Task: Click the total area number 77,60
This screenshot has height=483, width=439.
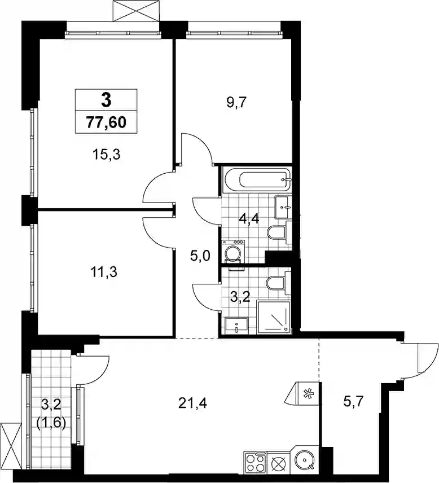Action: coord(106,122)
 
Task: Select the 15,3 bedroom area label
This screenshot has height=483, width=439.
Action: coord(106,155)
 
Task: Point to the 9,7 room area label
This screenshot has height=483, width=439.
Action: coord(237,102)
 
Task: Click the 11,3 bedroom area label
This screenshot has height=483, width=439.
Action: coord(104,273)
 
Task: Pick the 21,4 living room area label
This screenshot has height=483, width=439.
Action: coord(192,403)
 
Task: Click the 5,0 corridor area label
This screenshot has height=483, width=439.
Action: coord(200,256)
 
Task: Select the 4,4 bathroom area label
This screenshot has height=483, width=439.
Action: coord(249,219)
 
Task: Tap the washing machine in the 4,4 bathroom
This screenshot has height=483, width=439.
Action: coord(232,251)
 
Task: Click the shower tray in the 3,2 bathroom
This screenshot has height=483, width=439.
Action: coord(274,317)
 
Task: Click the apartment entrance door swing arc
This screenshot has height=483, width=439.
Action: coord(427,363)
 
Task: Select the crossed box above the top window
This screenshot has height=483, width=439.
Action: coord(137,11)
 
